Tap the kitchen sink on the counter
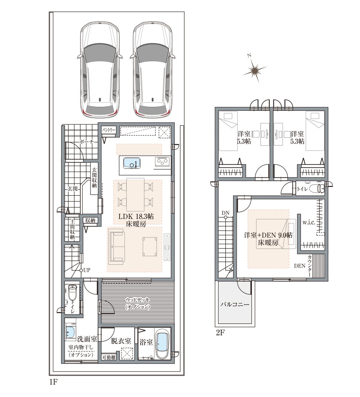132,163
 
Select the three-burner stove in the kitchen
162,161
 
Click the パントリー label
109,130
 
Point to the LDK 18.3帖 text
136,216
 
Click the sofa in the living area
118,247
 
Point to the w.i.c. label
309,222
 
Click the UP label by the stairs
87,270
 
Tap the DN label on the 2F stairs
226,213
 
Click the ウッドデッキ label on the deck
137,300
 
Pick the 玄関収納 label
94,177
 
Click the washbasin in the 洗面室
70,332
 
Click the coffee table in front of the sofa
150,247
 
